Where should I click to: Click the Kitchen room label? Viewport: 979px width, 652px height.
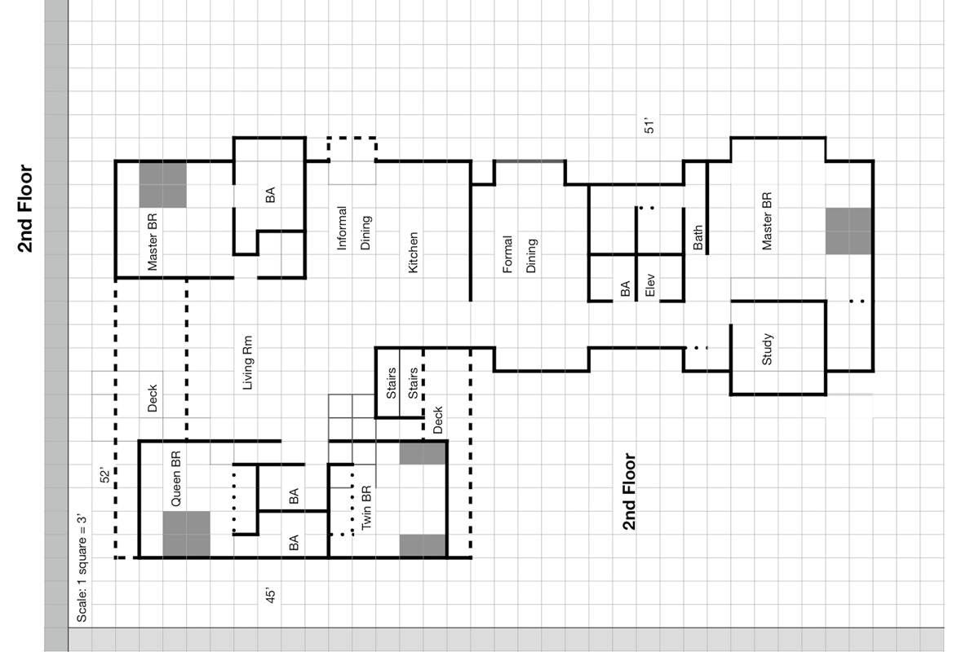tap(414, 253)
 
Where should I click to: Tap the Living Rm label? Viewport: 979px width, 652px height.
tap(248, 363)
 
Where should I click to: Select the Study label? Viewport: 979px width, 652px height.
tap(767, 349)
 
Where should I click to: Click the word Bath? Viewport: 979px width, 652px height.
tap(698, 237)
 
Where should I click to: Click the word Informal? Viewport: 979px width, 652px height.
tap(342, 227)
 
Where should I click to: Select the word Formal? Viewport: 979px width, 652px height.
tap(507, 254)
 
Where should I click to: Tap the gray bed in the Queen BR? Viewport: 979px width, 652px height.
tap(186, 535)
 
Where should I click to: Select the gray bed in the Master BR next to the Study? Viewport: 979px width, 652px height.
tap(848, 231)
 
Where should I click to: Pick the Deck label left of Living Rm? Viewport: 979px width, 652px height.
tap(152, 399)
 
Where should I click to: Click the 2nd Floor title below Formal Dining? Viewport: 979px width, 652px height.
tap(629, 491)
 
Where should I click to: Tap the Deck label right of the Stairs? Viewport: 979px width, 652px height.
tap(437, 419)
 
